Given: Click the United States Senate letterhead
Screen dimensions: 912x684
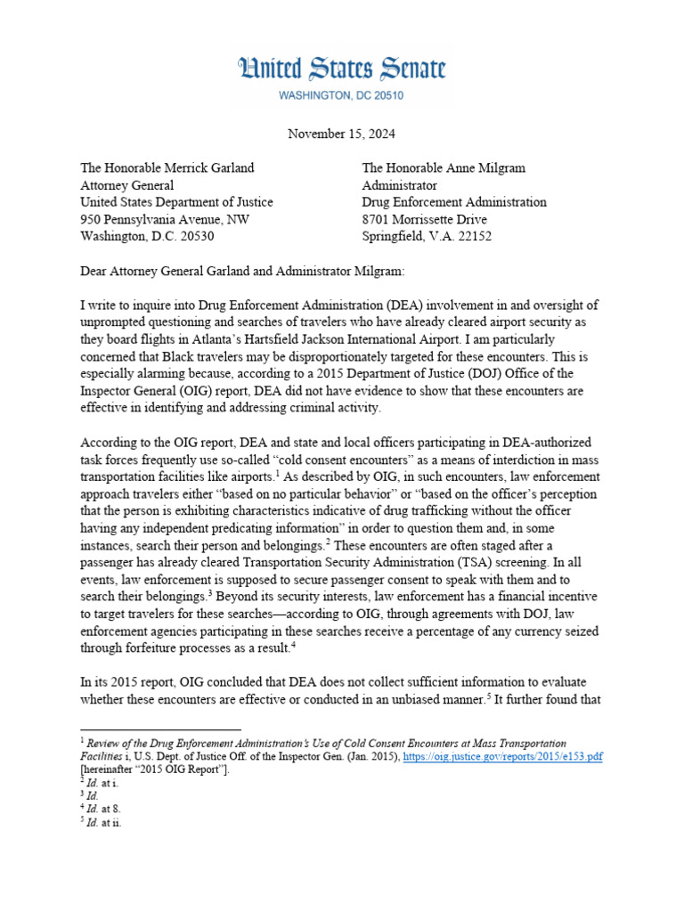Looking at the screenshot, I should click(342, 69).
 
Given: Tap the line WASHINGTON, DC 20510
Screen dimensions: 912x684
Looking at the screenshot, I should click(342, 95).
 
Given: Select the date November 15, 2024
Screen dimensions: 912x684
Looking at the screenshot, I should click(342, 134).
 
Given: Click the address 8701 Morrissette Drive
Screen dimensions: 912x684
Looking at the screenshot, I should click(424, 219).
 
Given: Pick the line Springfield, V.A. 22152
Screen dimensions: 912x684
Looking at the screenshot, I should click(426, 236).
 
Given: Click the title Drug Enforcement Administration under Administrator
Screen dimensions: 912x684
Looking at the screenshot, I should click(453, 202).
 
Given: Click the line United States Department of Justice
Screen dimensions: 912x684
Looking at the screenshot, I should click(176, 202).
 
